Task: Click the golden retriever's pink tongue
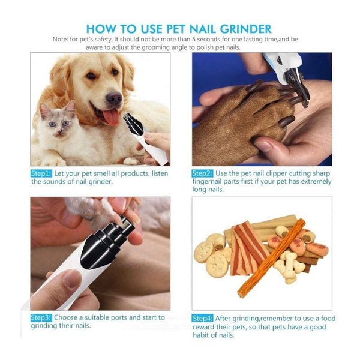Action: coord(112,115)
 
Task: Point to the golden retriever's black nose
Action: coord(115,97)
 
